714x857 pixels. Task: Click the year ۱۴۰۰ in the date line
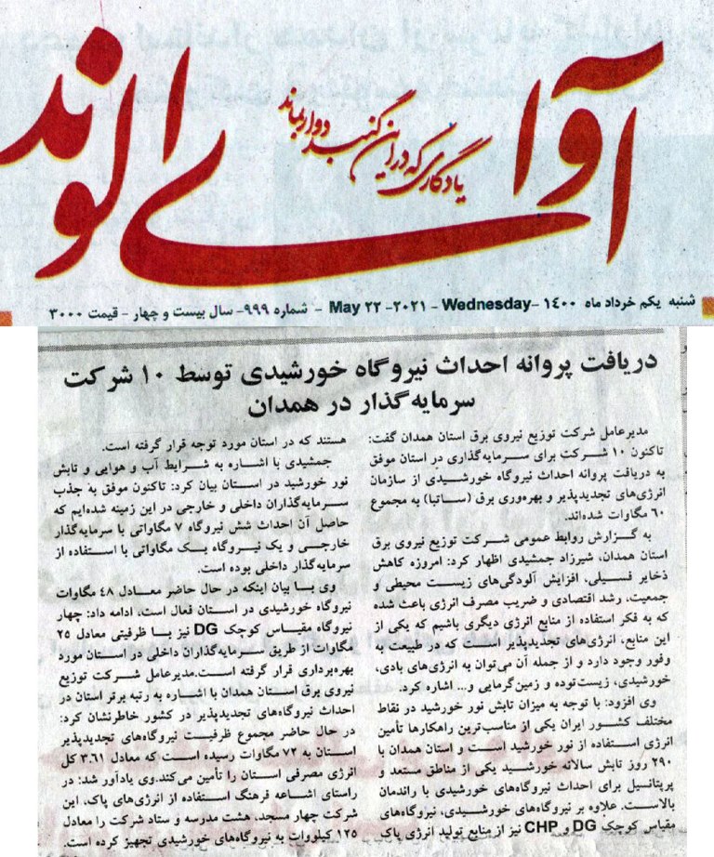click(x=558, y=305)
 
